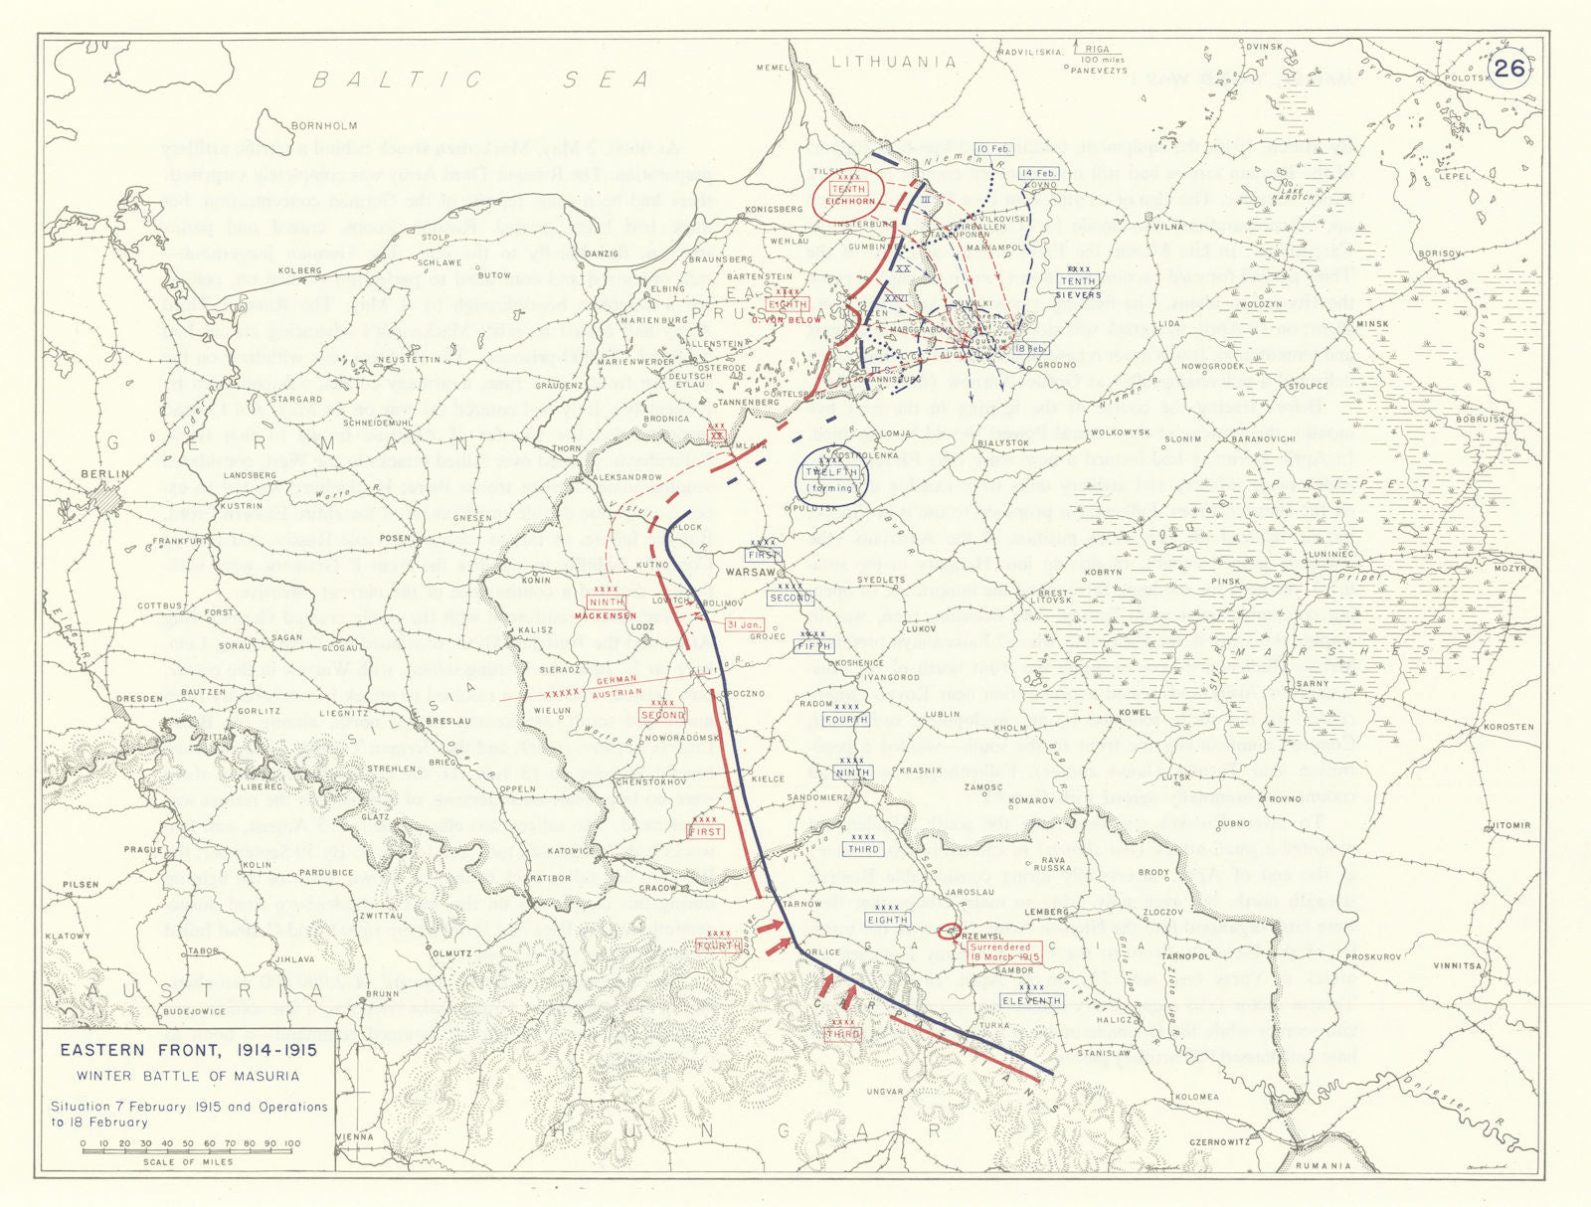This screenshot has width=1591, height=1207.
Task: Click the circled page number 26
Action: point(1509,68)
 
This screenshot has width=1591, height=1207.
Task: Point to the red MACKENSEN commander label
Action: point(606,615)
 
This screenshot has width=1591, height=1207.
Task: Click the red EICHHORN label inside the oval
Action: point(848,201)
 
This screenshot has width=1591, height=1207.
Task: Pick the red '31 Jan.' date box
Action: point(744,624)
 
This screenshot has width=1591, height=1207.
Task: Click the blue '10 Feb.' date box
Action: point(993,149)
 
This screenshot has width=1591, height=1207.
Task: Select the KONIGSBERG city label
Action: point(774,210)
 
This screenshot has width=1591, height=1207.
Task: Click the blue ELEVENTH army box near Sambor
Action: point(1031,1000)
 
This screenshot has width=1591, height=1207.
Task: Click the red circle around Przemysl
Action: point(949,932)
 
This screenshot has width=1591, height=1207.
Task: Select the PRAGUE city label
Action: point(142,850)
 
